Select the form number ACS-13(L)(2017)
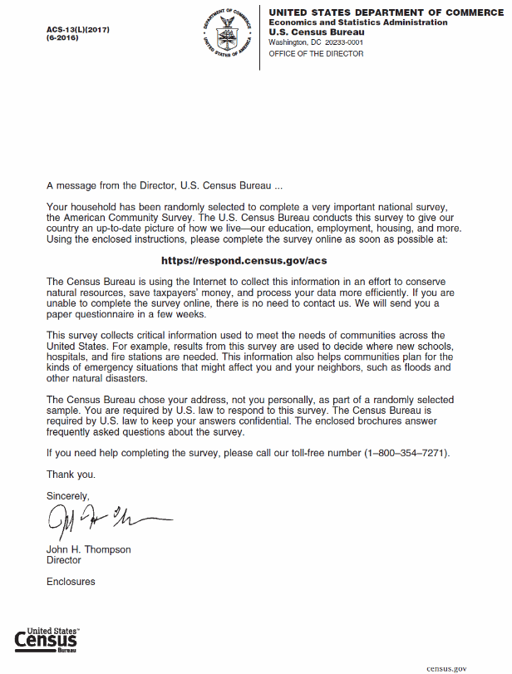78,31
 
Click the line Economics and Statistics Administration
357,22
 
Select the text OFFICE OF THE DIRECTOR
316,54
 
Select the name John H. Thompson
88,549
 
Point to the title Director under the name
63,560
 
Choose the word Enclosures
71,582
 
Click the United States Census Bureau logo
47,639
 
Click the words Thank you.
71,475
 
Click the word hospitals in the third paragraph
68,357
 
